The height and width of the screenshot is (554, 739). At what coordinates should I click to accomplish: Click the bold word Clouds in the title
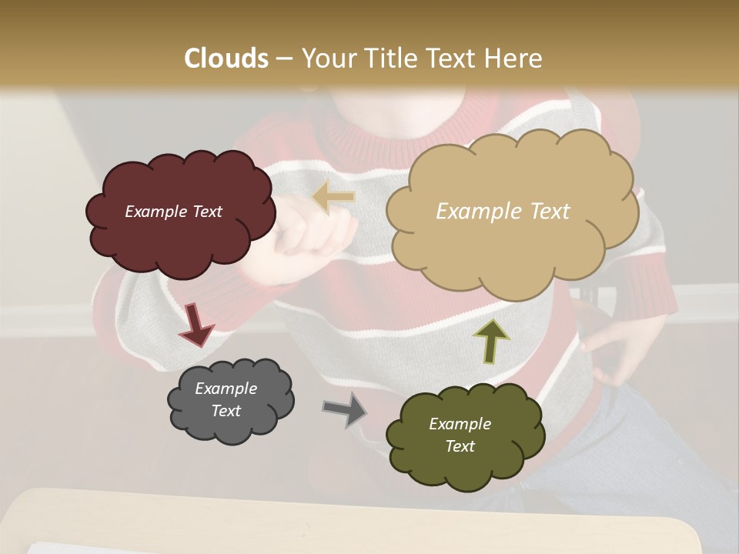click(x=226, y=58)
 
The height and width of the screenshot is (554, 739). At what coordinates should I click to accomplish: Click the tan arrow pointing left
click(x=333, y=197)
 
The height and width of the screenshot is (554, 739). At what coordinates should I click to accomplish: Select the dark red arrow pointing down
click(x=196, y=325)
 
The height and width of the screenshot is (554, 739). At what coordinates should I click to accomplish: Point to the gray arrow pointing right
click(x=345, y=409)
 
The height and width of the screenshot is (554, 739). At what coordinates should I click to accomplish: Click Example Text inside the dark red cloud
click(x=173, y=212)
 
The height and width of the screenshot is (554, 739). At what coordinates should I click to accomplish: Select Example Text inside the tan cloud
click(x=503, y=212)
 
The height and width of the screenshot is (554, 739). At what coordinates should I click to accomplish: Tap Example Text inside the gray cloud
click(x=226, y=399)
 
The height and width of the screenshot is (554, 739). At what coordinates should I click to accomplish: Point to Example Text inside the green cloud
click(x=460, y=435)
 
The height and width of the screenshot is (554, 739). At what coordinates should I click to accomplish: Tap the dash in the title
click(x=284, y=58)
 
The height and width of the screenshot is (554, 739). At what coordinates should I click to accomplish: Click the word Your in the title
click(x=326, y=58)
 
